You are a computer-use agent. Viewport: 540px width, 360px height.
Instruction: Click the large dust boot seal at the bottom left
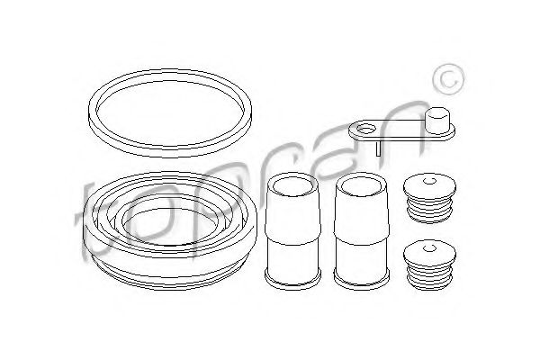(x=169, y=269)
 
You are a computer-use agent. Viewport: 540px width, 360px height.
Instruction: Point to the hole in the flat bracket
(x=365, y=130)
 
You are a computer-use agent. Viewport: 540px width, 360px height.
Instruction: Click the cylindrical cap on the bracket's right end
(x=437, y=121)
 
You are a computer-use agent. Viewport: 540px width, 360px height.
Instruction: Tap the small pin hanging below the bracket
(x=379, y=148)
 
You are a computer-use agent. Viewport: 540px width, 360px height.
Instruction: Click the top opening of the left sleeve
(x=293, y=185)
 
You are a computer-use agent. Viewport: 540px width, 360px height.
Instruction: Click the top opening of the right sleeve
(x=362, y=185)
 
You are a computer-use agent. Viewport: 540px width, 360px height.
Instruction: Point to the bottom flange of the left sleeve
(x=293, y=279)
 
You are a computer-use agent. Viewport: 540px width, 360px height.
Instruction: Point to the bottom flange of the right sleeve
(x=362, y=279)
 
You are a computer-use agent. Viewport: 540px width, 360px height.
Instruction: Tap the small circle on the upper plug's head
(x=429, y=181)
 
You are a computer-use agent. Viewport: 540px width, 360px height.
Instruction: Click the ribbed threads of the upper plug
(x=429, y=210)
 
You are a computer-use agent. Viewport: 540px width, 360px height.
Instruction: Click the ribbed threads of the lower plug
(x=429, y=275)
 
